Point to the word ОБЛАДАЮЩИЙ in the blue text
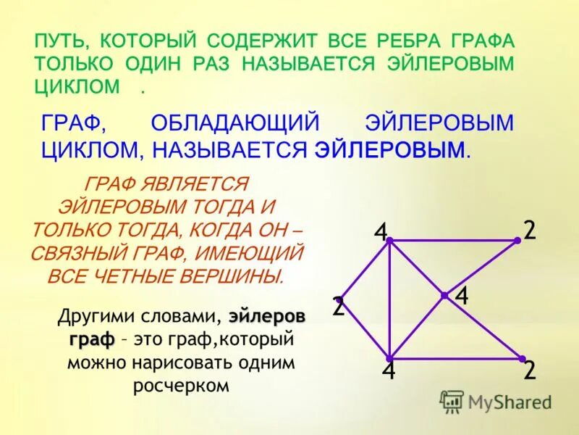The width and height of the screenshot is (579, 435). point(236,123)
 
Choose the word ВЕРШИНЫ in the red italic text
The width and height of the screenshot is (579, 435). point(236,276)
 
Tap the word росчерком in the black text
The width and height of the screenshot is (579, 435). point(181,385)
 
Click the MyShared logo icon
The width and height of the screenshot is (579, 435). point(452,401)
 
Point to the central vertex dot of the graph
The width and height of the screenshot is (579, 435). point(444,295)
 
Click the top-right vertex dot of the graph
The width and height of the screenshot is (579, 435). point(518,240)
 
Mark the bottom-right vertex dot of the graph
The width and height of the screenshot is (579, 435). point(521,358)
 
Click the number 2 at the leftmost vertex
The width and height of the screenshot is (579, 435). point(338,307)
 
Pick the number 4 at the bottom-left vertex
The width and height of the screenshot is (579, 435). point(389,371)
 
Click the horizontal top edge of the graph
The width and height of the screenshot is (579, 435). point(452,240)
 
